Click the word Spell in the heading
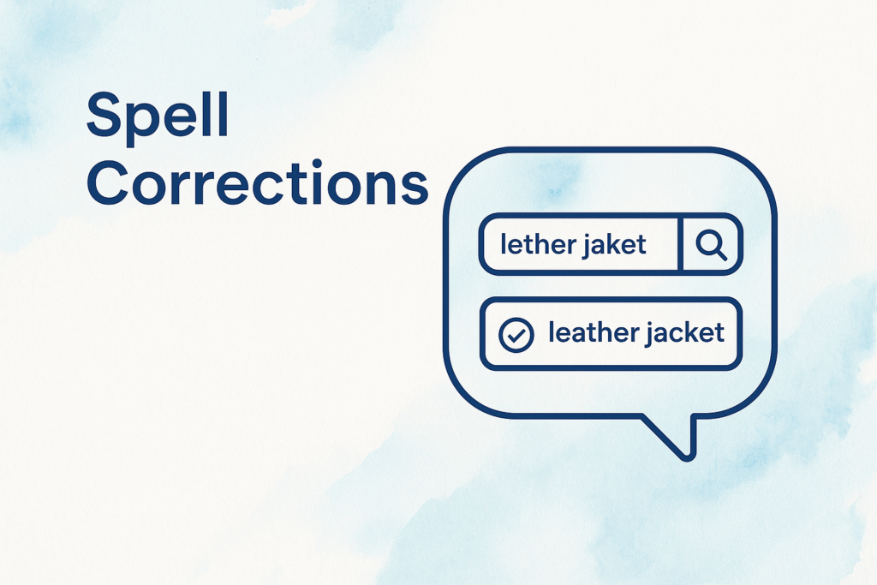pyautogui.click(x=158, y=116)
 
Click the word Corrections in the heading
pyautogui.click(x=258, y=183)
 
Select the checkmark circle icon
pyautogui.click(x=516, y=334)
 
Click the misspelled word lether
pyautogui.click(x=536, y=244)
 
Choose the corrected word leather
pyautogui.click(x=592, y=332)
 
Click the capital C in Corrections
pyautogui.click(x=109, y=183)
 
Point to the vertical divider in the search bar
pyautogui.click(x=680, y=244)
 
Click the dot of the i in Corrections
pyautogui.click(x=317, y=164)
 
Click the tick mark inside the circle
pyautogui.click(x=516, y=335)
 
